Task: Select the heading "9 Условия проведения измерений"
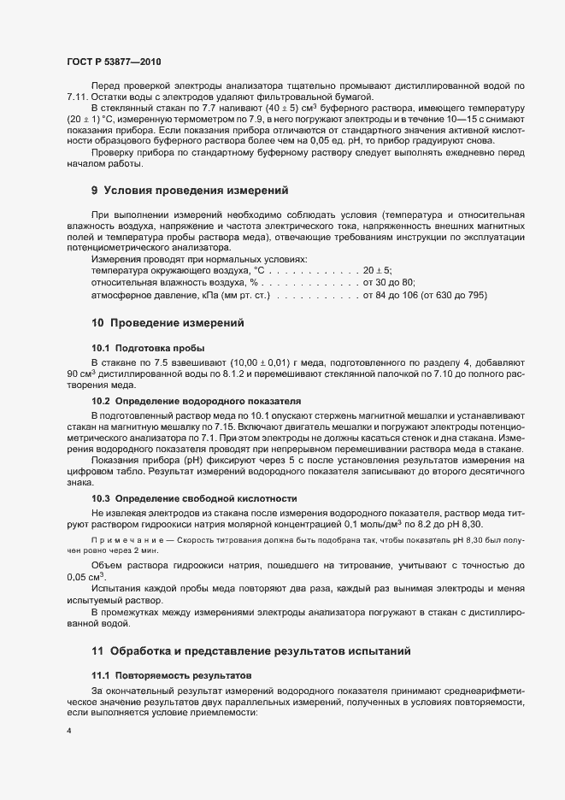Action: (190, 189)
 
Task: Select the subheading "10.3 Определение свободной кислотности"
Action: (194, 497)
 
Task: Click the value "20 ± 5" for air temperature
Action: (377, 270)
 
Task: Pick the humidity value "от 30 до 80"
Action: (389, 282)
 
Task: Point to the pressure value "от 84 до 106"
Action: (391, 295)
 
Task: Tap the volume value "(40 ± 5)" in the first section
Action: (263, 109)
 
